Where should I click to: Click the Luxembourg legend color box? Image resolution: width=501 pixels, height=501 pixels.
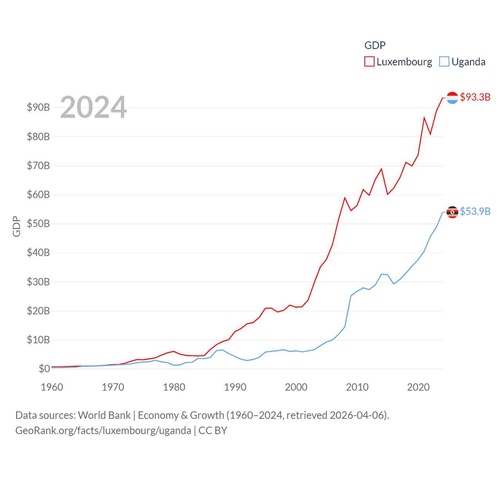click(x=369, y=62)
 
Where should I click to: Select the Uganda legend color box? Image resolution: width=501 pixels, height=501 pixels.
click(x=444, y=62)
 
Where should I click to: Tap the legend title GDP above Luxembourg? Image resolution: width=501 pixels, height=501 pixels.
click(x=375, y=45)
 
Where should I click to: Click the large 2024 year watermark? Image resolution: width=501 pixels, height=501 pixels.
click(x=93, y=107)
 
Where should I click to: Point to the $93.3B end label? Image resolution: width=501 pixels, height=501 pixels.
click(x=475, y=97)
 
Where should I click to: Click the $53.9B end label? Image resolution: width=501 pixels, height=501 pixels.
click(x=475, y=211)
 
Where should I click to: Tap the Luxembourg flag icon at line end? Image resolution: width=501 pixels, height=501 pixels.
click(x=452, y=98)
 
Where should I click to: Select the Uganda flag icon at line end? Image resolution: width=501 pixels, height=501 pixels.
click(x=452, y=212)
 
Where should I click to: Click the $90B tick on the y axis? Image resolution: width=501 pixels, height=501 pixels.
click(x=38, y=107)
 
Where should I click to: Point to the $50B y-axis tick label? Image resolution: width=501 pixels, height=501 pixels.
click(x=38, y=223)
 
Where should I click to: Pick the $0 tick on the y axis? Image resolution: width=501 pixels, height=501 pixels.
click(x=44, y=369)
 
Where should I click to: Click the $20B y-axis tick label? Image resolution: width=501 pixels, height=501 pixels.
click(x=38, y=311)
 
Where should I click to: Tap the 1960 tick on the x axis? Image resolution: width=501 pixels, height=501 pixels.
click(x=52, y=387)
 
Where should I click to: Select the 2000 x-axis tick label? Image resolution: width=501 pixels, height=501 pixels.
click(x=296, y=387)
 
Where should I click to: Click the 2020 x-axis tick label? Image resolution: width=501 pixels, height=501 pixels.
click(x=418, y=387)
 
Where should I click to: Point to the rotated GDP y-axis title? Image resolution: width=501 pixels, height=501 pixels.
click(x=16, y=226)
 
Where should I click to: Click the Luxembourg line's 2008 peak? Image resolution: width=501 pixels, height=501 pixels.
click(x=345, y=198)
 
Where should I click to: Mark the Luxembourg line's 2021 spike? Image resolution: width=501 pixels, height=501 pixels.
click(x=424, y=117)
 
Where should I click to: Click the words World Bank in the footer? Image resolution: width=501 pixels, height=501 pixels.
click(x=104, y=415)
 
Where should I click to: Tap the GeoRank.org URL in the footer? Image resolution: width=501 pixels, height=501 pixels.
click(x=103, y=431)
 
